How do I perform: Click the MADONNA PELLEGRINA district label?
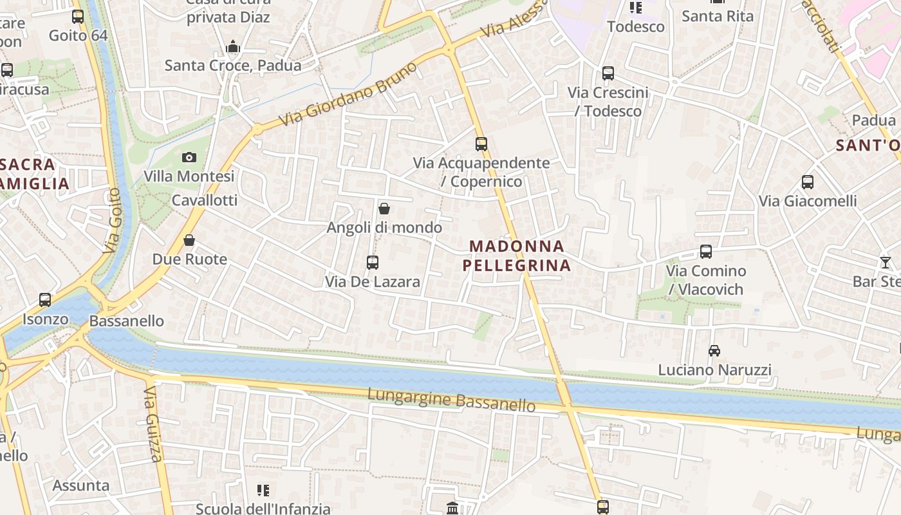click(x=517, y=256)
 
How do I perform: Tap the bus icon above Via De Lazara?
click(x=372, y=262)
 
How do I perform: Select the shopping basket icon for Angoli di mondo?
click(x=384, y=209)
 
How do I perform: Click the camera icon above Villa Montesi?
click(x=189, y=157)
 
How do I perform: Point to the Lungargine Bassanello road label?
click(x=451, y=399)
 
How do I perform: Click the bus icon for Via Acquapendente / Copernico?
click(x=481, y=144)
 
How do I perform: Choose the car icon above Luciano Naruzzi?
click(x=714, y=351)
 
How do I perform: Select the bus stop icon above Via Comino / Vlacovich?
click(x=706, y=252)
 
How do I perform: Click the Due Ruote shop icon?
click(x=189, y=240)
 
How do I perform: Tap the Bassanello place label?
click(x=127, y=321)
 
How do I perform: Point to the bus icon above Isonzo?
click(x=45, y=300)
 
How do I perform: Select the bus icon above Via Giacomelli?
click(x=808, y=182)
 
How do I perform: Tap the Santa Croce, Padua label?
click(x=233, y=65)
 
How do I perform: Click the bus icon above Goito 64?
click(x=78, y=17)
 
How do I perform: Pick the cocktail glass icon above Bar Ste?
click(x=886, y=262)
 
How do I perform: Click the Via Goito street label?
click(x=113, y=220)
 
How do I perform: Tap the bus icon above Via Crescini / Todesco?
click(x=608, y=73)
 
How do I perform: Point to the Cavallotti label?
click(x=205, y=200)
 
